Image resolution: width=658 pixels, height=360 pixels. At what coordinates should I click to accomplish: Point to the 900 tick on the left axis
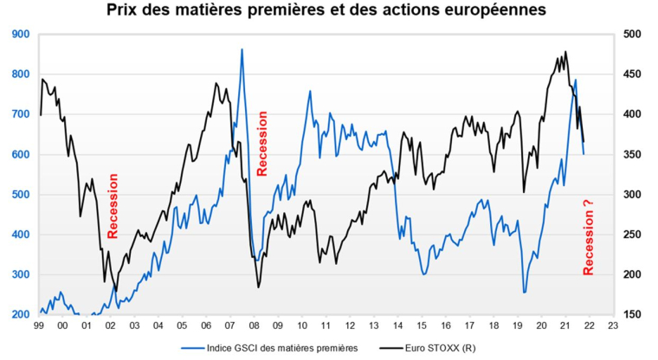pos(20,35)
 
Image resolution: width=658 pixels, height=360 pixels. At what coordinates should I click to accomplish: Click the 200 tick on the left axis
pos(20,315)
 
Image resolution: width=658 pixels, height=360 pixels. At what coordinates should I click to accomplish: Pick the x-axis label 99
pos(39,326)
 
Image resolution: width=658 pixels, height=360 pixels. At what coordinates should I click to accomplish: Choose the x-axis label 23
pos(613,326)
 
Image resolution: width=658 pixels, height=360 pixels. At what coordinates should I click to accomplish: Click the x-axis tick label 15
pos(422,326)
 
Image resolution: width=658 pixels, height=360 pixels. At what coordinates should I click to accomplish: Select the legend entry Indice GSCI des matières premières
pos(264,348)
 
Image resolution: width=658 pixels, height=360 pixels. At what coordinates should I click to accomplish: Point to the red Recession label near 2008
pos(263,143)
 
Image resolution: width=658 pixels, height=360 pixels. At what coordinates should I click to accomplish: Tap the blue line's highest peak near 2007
pos(242,49)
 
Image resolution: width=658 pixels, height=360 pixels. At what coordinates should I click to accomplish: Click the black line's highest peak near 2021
pos(565,52)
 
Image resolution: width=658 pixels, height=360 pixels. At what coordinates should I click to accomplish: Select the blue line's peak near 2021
pos(575,80)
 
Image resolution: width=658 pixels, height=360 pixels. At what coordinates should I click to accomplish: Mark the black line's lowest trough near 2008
pos(258,286)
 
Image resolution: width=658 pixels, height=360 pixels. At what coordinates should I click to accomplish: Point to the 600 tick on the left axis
pos(20,155)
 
